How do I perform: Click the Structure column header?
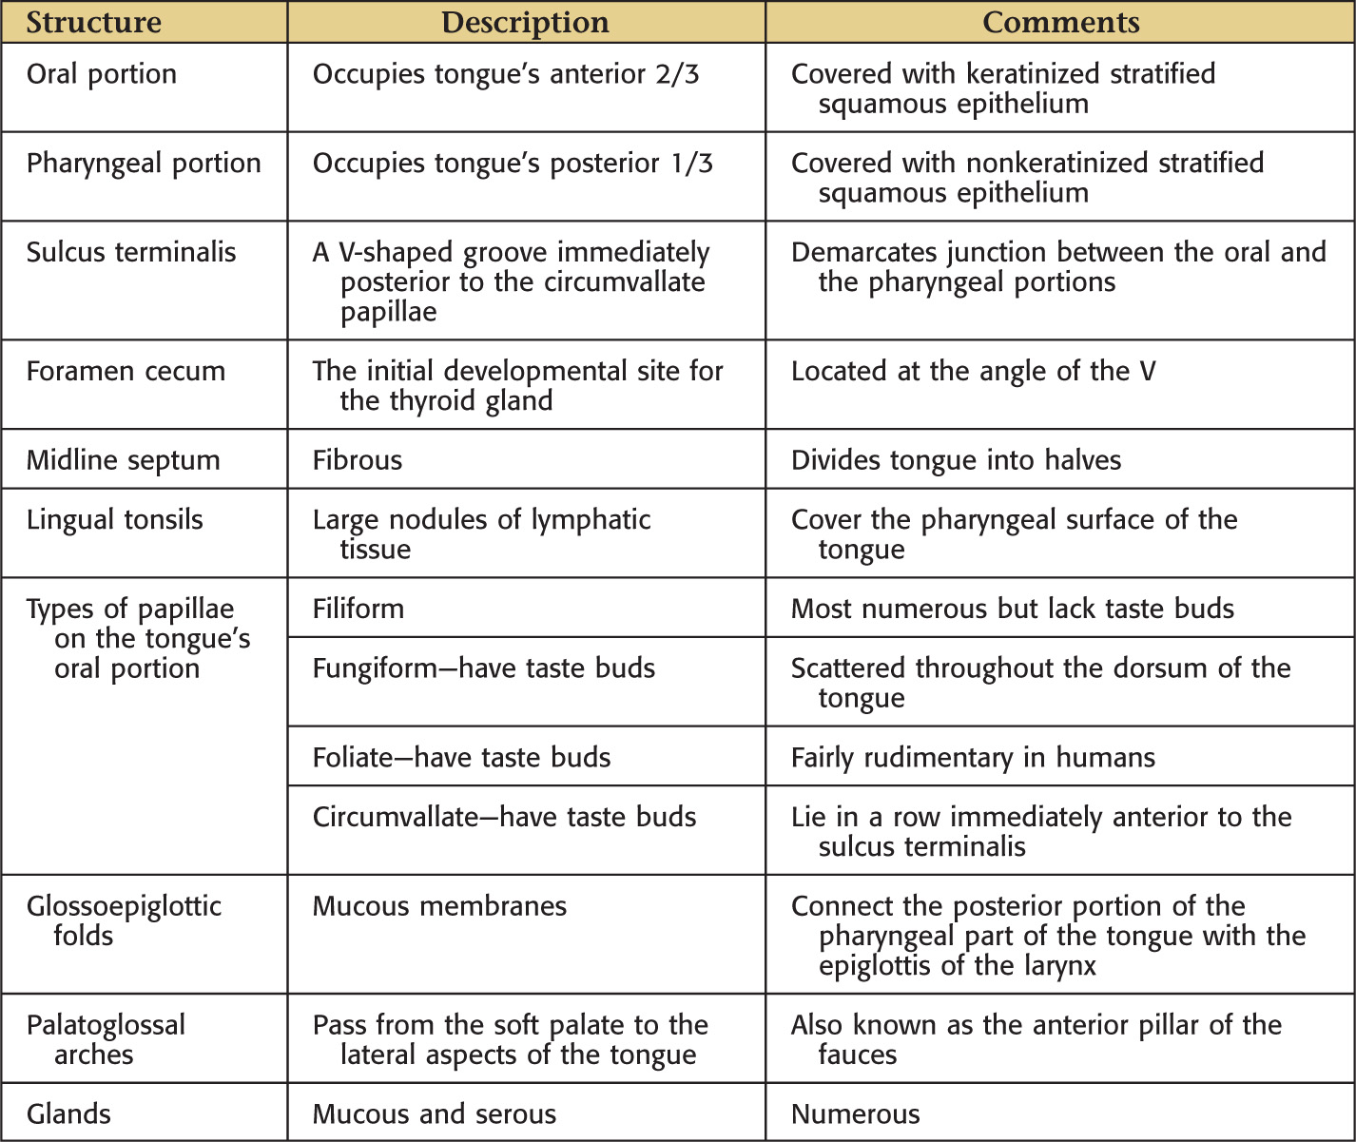coord(93,23)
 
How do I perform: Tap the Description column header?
coord(525,23)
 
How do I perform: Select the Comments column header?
coord(1060,23)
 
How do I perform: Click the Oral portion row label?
coord(102,74)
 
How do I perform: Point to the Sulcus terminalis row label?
coord(131,252)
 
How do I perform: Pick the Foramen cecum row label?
coord(126,371)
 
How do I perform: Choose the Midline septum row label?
coord(123,460)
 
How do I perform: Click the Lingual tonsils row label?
coord(114,520)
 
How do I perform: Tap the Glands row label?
coord(68,1114)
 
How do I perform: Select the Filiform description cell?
coord(358,609)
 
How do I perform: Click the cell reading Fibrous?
coord(358,460)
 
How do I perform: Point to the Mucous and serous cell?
coord(435,1114)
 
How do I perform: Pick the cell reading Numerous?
coord(856,1114)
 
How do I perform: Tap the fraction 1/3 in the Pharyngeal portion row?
coord(691,164)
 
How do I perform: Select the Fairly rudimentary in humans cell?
coord(973,758)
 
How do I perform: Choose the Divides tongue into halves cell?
coord(956,460)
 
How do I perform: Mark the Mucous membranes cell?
coord(439,906)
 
